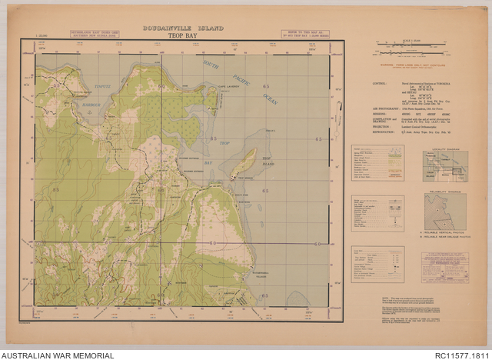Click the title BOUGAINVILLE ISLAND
(x=183, y=28)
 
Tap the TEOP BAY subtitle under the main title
(x=183, y=35)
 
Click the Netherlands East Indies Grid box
(x=94, y=35)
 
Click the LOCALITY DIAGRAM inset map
(x=445, y=165)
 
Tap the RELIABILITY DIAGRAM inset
(x=445, y=211)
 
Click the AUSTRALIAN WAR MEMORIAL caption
(x=58, y=355)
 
